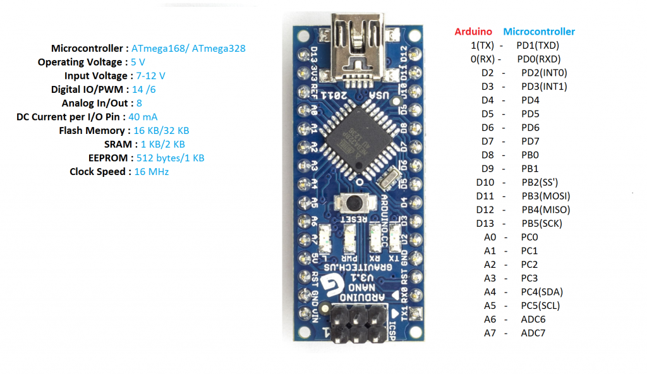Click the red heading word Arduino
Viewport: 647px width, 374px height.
[473, 32]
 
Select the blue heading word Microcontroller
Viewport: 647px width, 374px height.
[539, 32]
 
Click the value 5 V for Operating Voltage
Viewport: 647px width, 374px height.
[138, 62]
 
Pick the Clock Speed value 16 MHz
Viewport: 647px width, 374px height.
[152, 171]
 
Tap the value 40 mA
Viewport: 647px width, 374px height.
[143, 117]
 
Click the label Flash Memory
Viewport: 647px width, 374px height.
[92, 130]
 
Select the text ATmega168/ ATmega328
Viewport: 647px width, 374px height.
[189, 48]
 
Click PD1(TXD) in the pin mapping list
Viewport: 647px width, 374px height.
[538, 45]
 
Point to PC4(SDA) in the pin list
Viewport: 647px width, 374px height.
[541, 292]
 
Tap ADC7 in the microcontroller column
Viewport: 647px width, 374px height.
[533, 333]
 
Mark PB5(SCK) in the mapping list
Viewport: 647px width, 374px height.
[541, 223]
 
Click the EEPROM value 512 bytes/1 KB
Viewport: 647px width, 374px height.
[171, 157]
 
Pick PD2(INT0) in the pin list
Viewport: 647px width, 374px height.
[544, 73]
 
